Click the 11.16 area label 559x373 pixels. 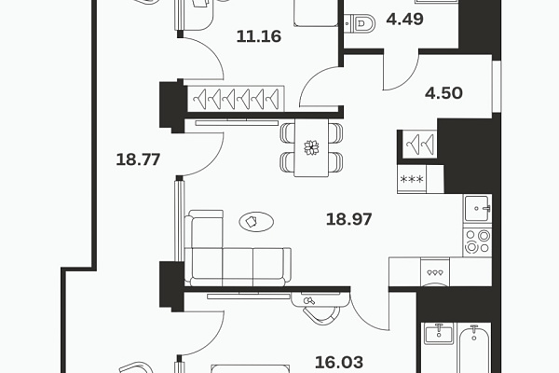point(259,36)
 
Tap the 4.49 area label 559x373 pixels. point(405,19)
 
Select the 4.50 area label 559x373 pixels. point(443,93)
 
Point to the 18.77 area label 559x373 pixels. point(138,159)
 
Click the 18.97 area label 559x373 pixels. point(349,219)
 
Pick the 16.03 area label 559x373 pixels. point(339,363)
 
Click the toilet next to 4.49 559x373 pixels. point(360,24)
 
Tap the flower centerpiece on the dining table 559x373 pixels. point(311,147)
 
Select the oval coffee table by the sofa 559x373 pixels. point(256,222)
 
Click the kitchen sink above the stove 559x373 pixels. point(477,209)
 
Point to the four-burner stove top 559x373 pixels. point(477,242)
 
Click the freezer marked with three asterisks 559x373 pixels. point(412,179)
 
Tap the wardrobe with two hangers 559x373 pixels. point(420,144)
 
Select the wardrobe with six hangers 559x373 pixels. point(236,99)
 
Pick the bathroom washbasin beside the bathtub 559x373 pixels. point(439,334)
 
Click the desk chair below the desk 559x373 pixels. point(321,314)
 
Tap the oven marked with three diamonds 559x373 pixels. point(435,272)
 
